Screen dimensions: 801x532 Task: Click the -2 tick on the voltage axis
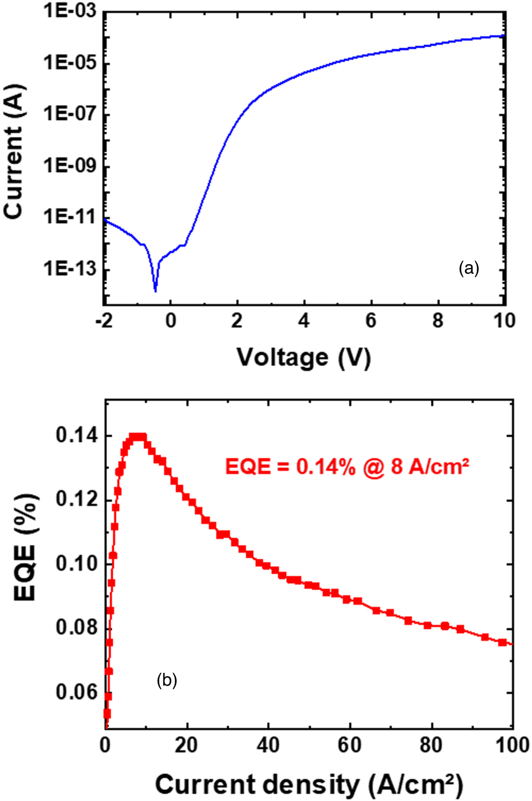[x=104, y=321]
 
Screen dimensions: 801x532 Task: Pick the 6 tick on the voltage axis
[x=370, y=321]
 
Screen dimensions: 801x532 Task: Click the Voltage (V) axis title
[x=304, y=357]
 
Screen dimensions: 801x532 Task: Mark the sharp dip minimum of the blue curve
[x=155, y=290]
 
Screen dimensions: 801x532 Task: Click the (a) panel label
[x=469, y=269]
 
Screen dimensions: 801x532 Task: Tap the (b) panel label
[x=167, y=680]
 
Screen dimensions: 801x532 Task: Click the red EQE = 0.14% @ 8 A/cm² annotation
[x=347, y=467]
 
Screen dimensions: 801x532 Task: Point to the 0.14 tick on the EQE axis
[x=77, y=436]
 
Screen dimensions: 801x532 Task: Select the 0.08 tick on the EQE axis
[x=77, y=628]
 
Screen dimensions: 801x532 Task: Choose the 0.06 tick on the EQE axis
[x=77, y=692]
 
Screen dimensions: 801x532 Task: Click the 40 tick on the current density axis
[x=268, y=745]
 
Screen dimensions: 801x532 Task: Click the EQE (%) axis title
[x=25, y=547]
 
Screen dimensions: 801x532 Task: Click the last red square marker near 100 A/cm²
[x=503, y=642]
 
